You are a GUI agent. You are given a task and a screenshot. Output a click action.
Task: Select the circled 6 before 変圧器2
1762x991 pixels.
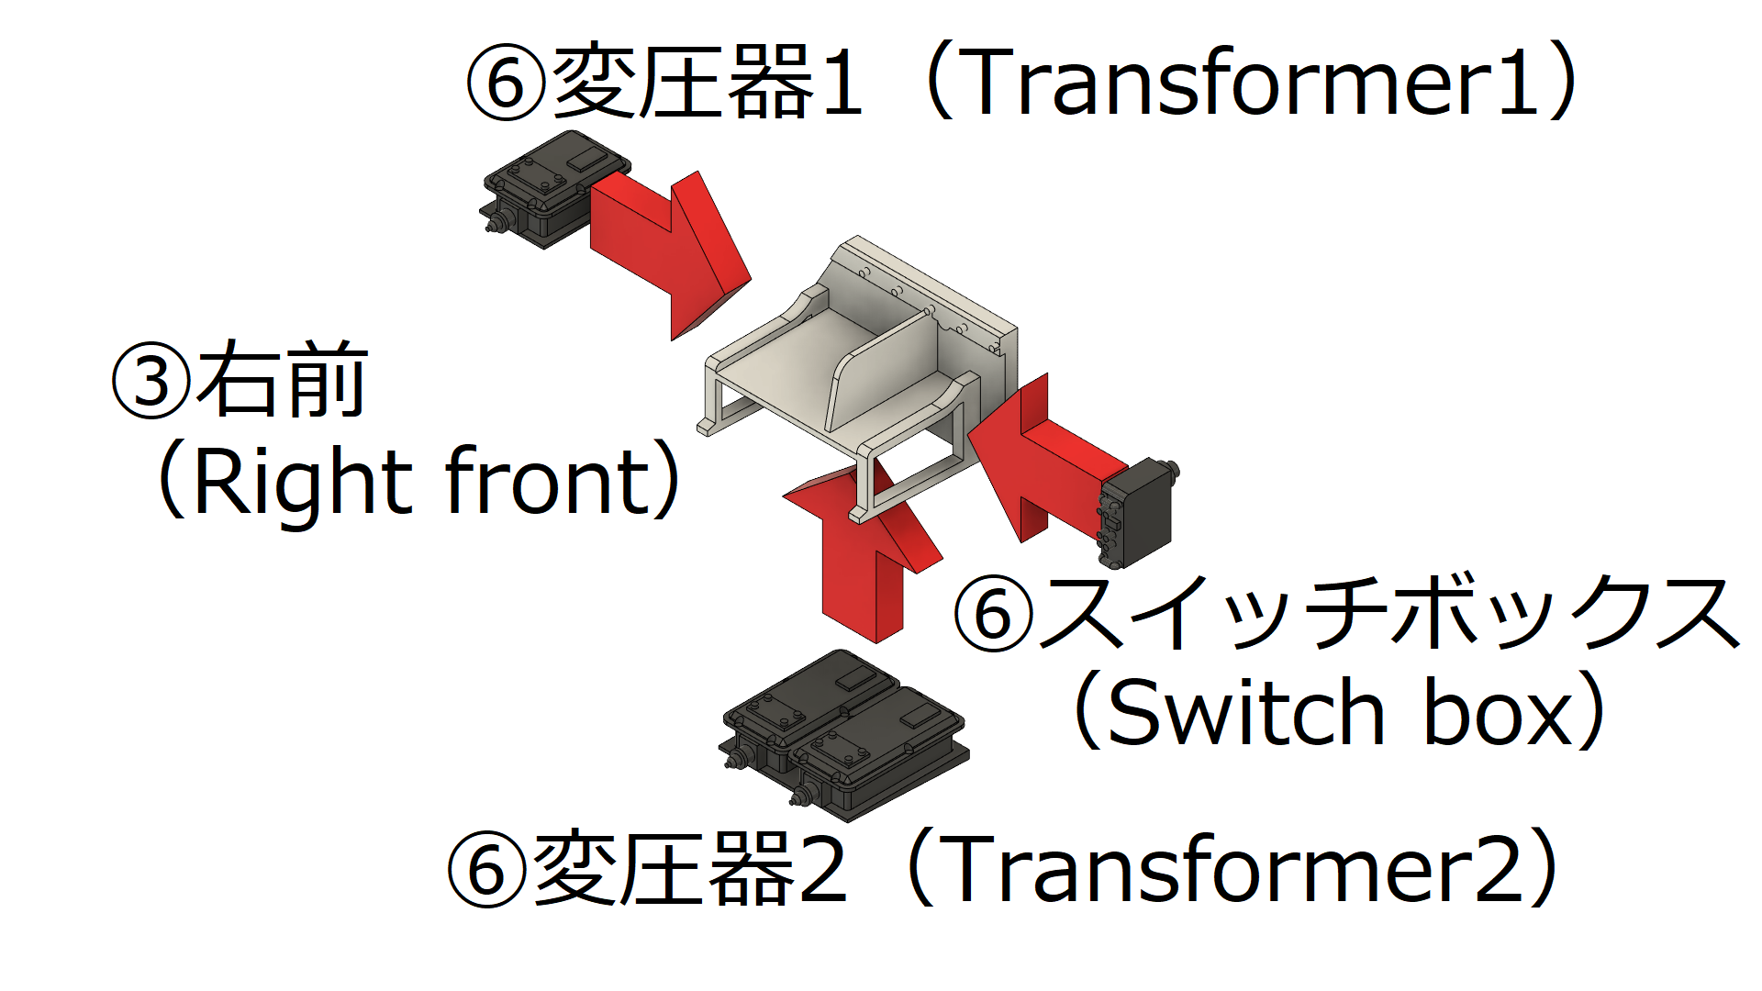point(487,869)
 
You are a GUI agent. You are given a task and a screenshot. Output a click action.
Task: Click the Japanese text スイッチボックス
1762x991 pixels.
point(1390,613)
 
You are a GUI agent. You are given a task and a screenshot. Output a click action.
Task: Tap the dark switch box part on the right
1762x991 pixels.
point(1138,514)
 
